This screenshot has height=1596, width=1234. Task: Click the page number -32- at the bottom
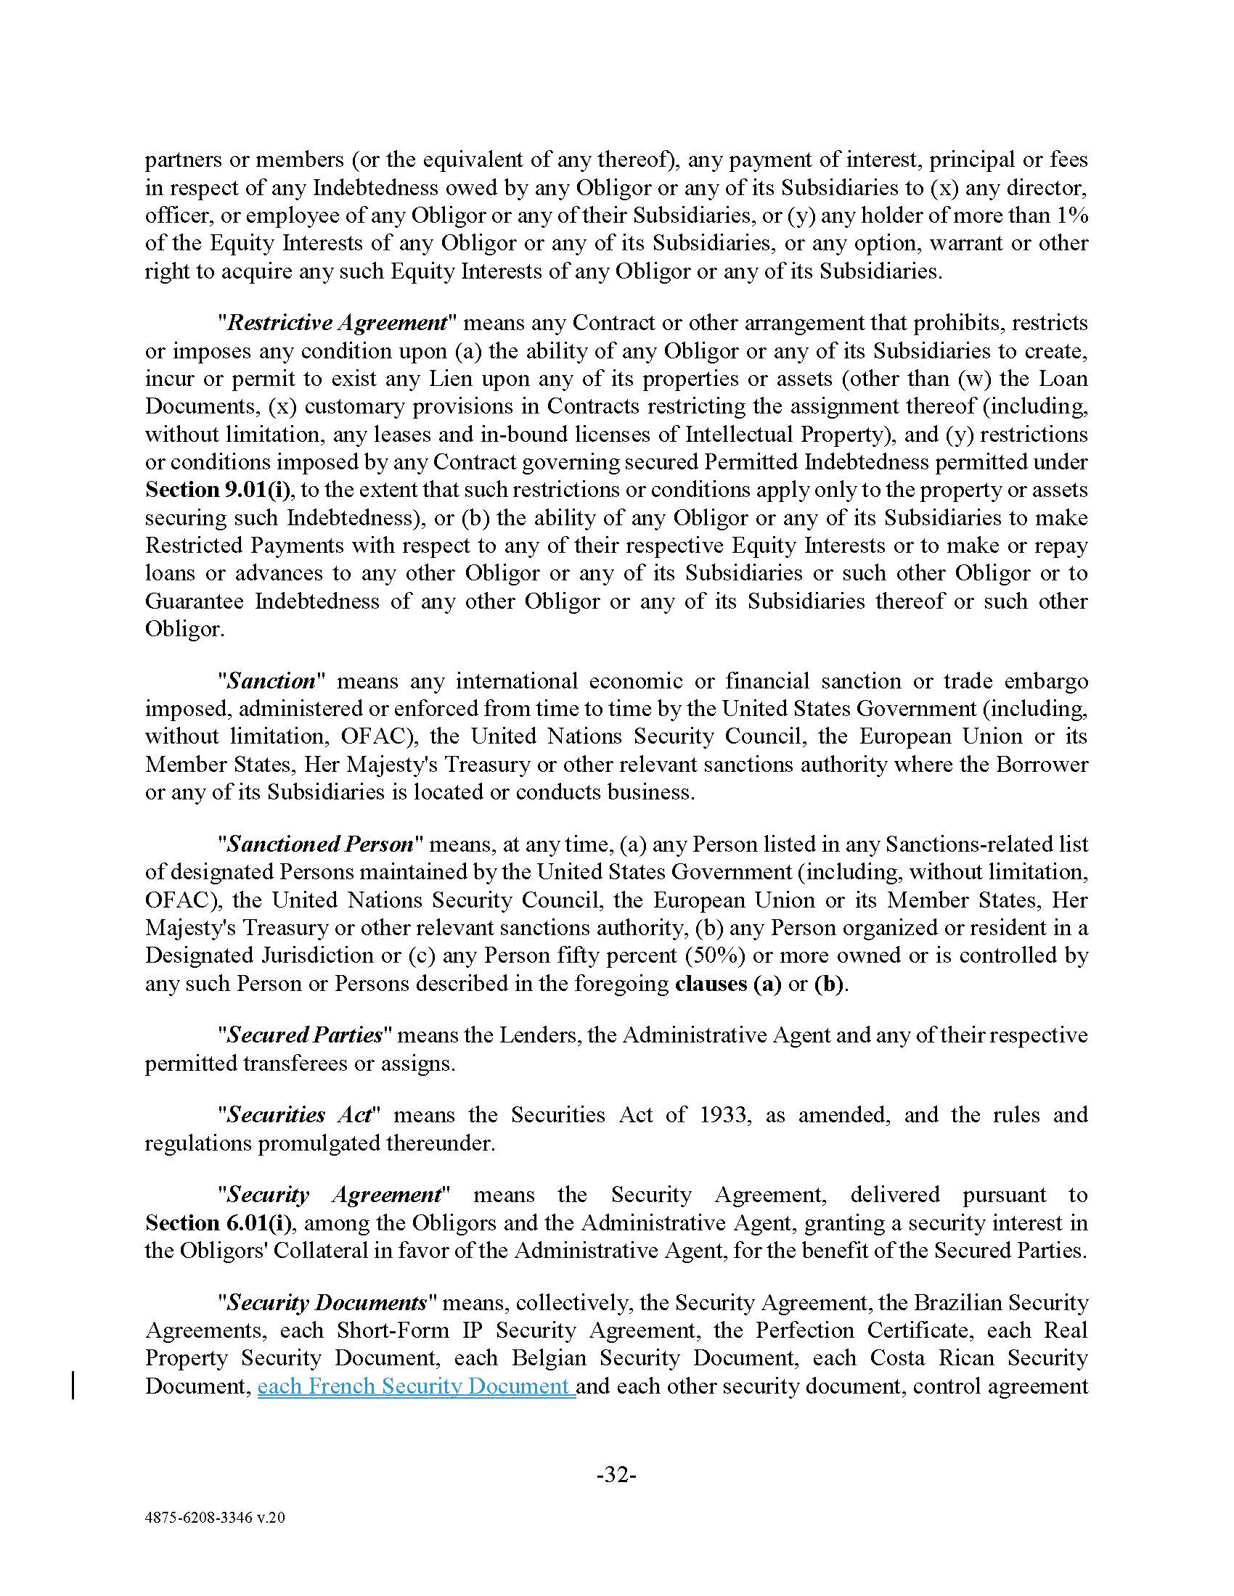pyautogui.click(x=616, y=1475)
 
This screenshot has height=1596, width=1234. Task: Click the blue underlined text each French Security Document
pyautogui.click(x=416, y=1386)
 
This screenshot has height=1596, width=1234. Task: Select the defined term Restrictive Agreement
pyautogui.click(x=337, y=323)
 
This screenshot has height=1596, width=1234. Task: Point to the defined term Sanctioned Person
pyautogui.click(x=319, y=844)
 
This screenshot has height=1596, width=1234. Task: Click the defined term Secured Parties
pyautogui.click(x=304, y=1034)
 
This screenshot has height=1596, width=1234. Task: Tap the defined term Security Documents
pyautogui.click(x=326, y=1302)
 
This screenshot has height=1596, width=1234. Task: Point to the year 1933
pyautogui.click(x=724, y=1114)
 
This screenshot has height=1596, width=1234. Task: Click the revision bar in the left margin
pyautogui.click(x=73, y=1386)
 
